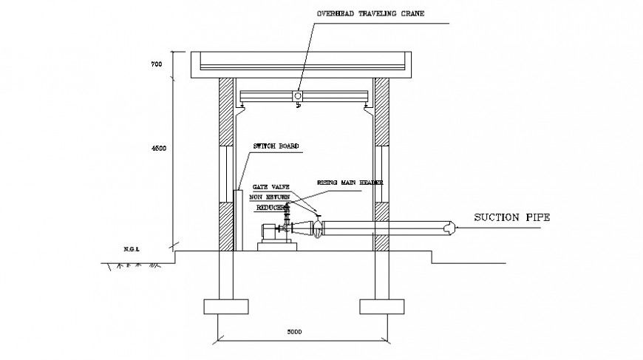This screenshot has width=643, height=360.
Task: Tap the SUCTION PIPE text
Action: [511, 217]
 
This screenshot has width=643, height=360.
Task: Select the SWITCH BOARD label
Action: [276, 146]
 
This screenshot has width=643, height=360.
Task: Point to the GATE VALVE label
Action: [270, 188]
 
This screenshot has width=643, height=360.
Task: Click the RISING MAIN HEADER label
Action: [350, 182]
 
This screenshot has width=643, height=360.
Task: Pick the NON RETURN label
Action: [269, 198]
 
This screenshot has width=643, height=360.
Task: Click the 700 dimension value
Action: [156, 65]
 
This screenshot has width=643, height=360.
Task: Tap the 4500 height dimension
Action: [157, 149]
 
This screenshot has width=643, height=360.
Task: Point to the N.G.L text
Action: [132, 249]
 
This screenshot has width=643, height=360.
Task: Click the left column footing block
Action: [220, 305]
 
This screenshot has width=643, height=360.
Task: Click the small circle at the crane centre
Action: [297, 96]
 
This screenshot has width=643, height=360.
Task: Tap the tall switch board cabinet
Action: [239, 220]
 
